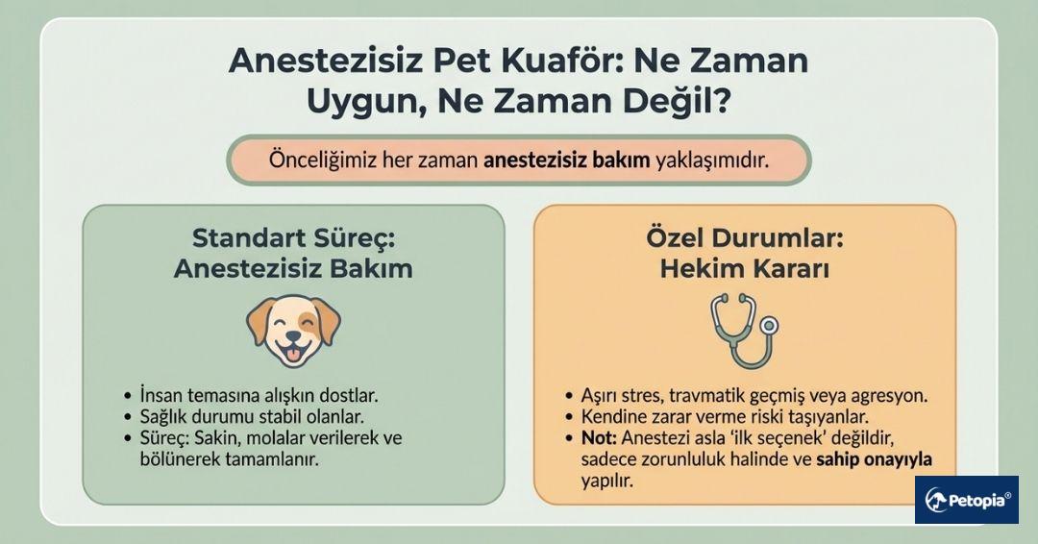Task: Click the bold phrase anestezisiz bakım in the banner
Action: (x=566, y=161)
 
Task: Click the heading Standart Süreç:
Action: (x=293, y=237)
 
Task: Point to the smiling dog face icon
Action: (x=293, y=330)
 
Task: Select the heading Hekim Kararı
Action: (x=744, y=269)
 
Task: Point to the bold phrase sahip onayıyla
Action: (x=875, y=460)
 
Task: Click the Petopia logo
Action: (x=966, y=500)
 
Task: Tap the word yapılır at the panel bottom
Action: (x=605, y=482)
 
